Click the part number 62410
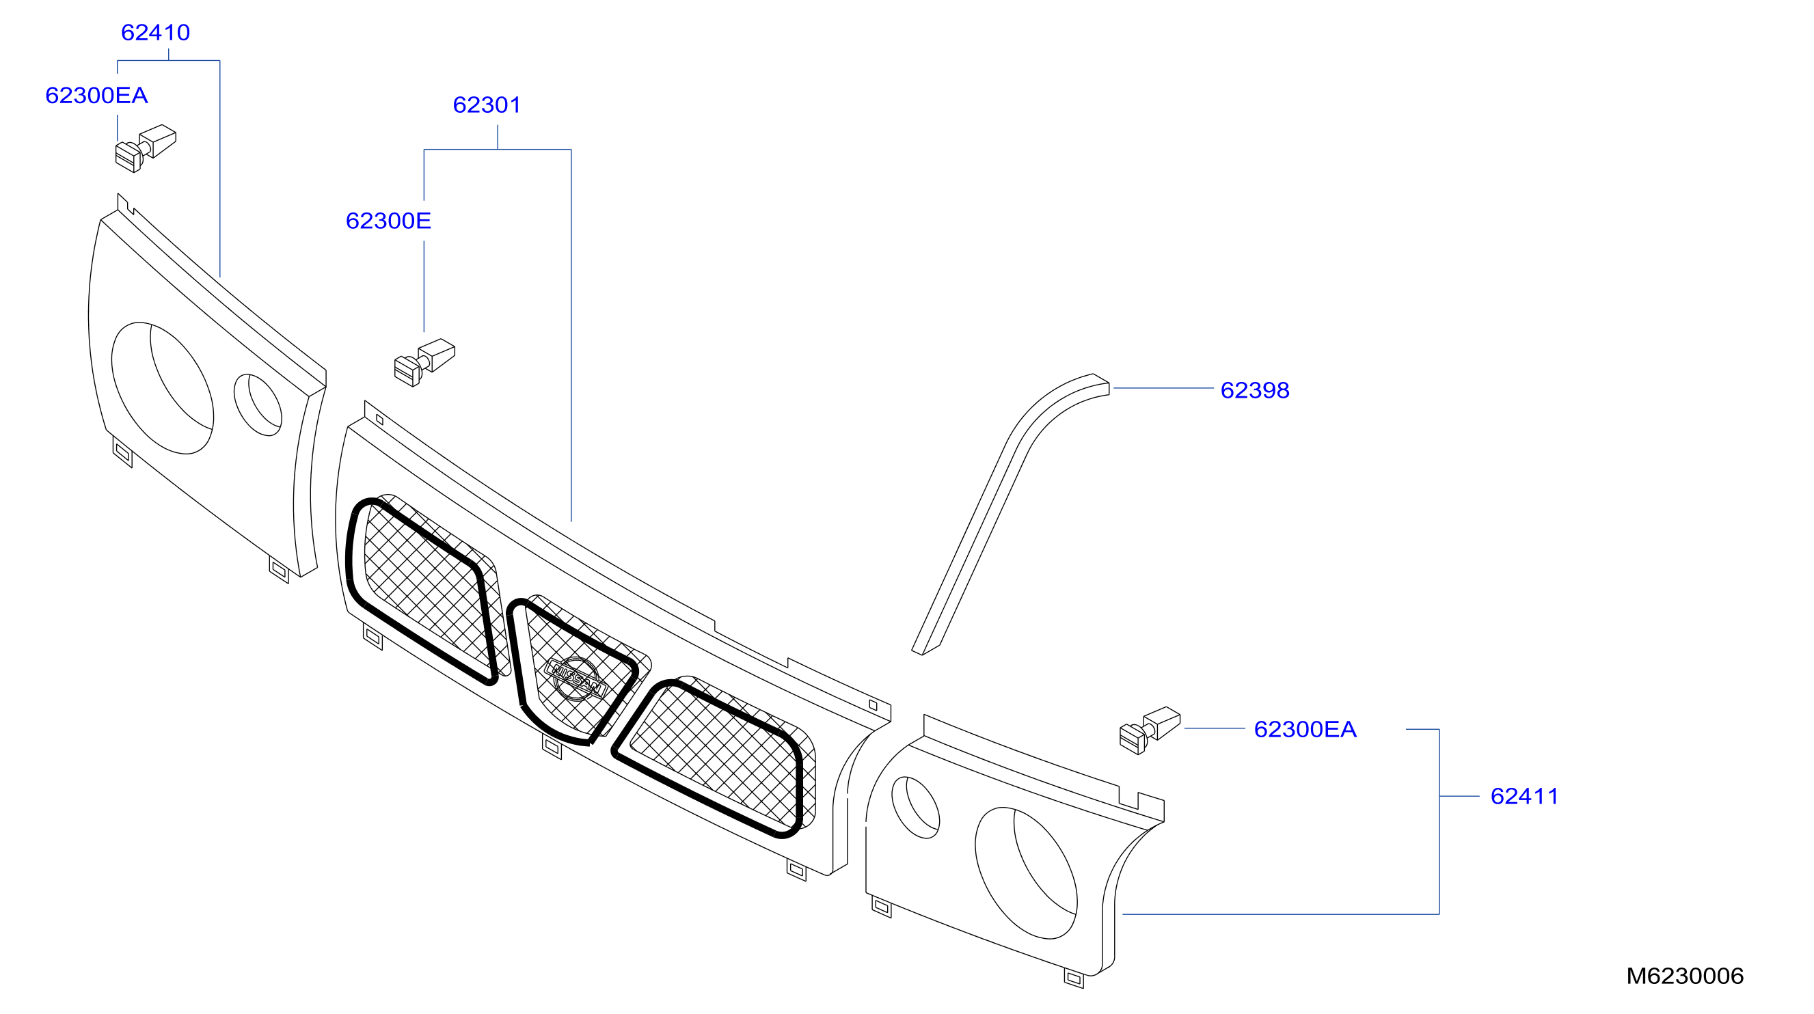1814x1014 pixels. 156,32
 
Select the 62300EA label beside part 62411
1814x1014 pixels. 1305,730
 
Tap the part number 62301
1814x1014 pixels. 487,105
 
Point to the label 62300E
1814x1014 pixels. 388,221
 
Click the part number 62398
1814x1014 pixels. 1255,390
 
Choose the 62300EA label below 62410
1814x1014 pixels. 96,96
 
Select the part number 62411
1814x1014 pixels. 1524,797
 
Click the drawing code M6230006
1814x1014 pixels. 1684,976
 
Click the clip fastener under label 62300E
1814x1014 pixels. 424,363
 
